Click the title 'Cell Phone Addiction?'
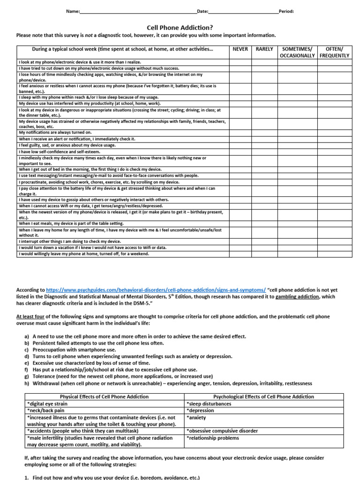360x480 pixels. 180,28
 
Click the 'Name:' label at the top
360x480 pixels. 74,11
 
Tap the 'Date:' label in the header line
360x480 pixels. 202,11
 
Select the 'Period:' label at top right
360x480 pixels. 286,11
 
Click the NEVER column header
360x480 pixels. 240,49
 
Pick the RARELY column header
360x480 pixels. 264,49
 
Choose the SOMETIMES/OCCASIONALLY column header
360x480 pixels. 298,52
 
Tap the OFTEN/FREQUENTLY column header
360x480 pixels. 334,52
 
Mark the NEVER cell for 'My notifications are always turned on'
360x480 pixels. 240,133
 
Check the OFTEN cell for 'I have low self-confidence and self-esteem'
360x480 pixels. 334,152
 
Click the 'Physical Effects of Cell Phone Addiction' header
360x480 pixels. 104,397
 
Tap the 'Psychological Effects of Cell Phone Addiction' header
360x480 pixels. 263,397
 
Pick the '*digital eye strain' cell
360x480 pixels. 47,404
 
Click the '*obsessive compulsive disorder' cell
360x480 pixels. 222,431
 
